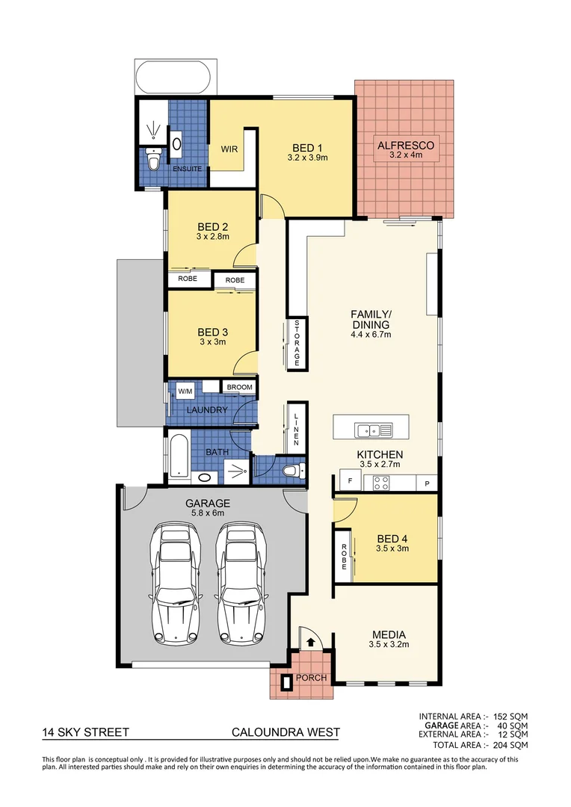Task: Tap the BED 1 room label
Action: pyautogui.click(x=307, y=147)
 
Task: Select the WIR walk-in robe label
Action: pyautogui.click(x=229, y=149)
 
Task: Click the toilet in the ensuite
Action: pyautogui.click(x=153, y=161)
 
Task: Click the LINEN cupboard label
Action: pyautogui.click(x=296, y=430)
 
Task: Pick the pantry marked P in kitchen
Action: pyautogui.click(x=428, y=482)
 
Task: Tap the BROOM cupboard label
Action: pyautogui.click(x=240, y=387)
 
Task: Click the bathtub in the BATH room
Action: pyautogui.click(x=177, y=455)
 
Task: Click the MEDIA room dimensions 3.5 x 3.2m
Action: pyautogui.click(x=389, y=644)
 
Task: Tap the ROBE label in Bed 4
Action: pyautogui.click(x=344, y=556)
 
